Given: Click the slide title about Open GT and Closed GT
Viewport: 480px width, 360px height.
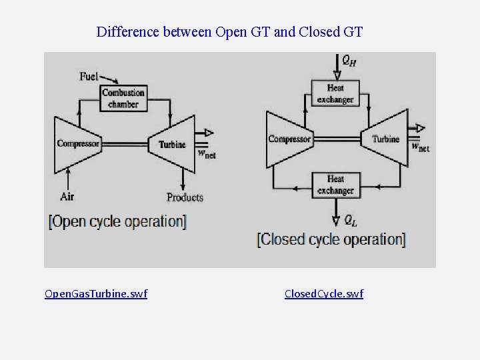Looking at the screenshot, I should (229, 31).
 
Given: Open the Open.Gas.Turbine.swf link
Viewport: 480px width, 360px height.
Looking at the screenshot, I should (95, 293).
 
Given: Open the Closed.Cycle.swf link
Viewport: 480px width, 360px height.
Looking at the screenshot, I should (324, 293).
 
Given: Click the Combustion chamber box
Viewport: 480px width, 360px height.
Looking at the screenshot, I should (123, 98).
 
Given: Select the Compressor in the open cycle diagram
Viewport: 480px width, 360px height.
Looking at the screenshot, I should (78, 143).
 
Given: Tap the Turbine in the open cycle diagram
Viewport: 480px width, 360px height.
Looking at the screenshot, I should (172, 144).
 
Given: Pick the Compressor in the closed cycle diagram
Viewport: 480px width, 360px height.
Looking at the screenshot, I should (289, 139).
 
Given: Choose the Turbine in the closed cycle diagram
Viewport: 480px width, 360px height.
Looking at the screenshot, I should (385, 139).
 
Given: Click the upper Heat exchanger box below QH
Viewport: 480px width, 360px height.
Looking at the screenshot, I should (335, 94).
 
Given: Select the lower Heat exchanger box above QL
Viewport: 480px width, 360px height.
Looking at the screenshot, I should (335, 185).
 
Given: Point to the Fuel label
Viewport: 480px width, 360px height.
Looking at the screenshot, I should (89, 76).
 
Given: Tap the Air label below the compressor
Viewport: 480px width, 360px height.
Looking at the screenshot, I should (67, 196).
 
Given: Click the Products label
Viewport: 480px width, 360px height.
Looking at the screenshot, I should (185, 197).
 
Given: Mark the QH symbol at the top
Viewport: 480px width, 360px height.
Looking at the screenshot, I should (349, 61).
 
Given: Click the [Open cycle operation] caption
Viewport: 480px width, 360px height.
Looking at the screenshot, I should (117, 221).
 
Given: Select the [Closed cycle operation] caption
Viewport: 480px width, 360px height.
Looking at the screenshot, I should (331, 239).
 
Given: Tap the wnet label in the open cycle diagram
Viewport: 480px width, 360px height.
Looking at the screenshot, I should (207, 153).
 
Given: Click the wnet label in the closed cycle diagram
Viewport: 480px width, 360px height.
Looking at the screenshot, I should (420, 147).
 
